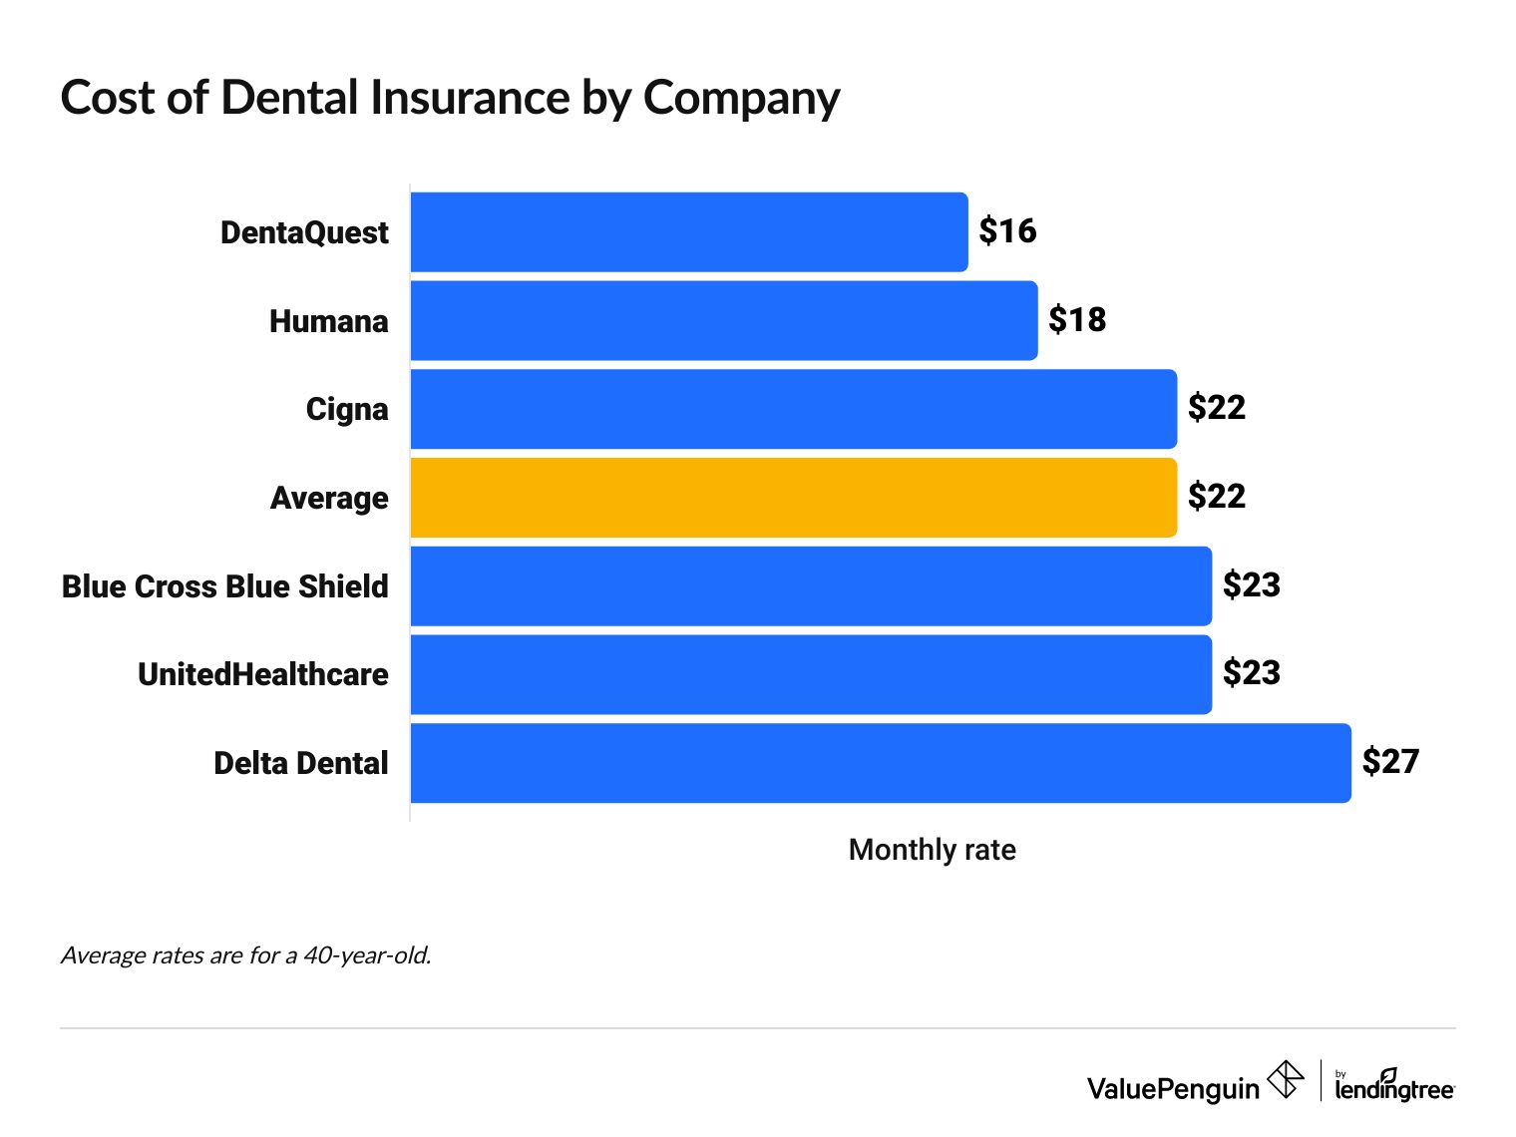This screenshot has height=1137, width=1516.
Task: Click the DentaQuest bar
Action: point(688,232)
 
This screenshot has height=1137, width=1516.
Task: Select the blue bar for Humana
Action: point(723,320)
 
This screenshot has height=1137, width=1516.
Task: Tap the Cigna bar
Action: point(793,409)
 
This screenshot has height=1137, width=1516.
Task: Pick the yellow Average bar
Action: point(793,498)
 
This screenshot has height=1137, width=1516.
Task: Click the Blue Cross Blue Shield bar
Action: point(810,585)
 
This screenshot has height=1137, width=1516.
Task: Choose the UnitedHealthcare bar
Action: point(810,674)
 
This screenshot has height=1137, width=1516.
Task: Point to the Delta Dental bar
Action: point(880,763)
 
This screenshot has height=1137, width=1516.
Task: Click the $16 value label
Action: point(1007,231)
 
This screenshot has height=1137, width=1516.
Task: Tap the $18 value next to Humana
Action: point(1077,320)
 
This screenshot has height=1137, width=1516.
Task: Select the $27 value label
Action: point(1390,762)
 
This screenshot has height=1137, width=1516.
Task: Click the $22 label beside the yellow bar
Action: point(1217,497)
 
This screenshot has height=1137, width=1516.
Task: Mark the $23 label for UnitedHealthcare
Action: point(1252,673)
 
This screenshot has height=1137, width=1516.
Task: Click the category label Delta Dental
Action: point(300,763)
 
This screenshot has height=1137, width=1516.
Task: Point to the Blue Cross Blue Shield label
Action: point(224,586)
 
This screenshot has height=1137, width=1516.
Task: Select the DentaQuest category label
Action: point(304,232)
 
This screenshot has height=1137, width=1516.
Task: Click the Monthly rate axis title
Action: point(932,850)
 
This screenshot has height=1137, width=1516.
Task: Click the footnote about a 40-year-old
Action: point(246,955)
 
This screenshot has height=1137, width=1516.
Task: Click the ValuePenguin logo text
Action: point(1173,1088)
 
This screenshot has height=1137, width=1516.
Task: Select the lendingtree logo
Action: point(1394,1086)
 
